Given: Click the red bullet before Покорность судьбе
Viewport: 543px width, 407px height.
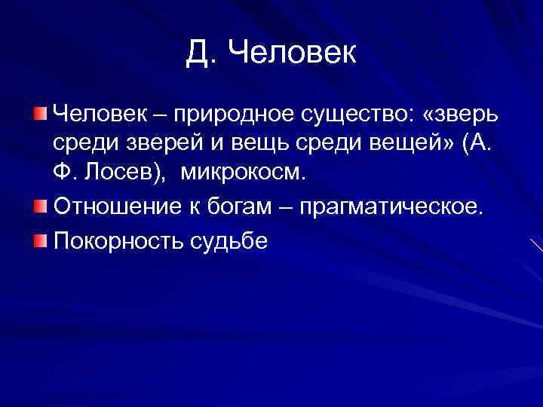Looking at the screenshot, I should click(39, 241).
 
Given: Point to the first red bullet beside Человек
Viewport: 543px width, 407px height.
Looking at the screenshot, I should click(39, 113).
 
